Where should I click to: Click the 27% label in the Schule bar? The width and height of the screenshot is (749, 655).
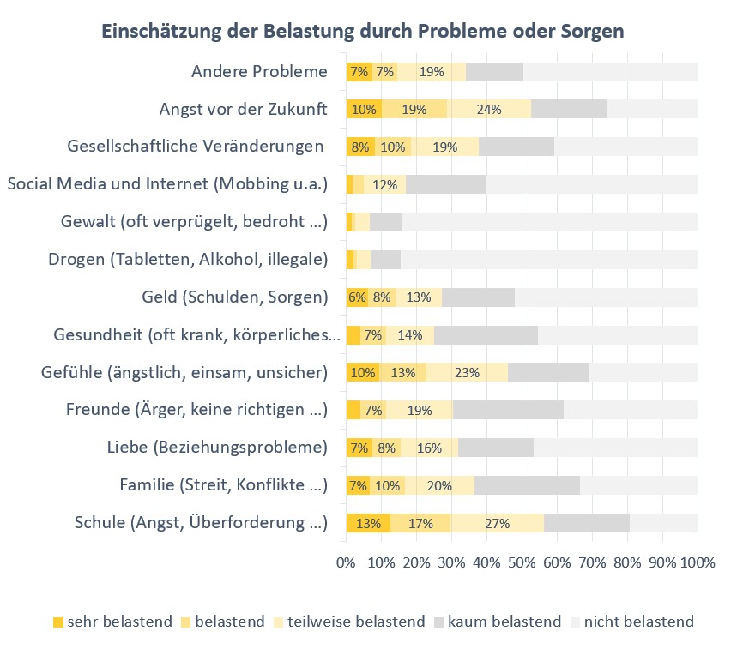(x=498, y=523)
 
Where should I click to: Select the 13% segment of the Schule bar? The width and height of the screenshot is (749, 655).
(x=367, y=523)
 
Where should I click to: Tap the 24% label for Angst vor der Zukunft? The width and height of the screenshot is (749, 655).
(x=489, y=109)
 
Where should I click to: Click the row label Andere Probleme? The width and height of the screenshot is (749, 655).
(x=259, y=71)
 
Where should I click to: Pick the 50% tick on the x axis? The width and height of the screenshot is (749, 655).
(x=522, y=563)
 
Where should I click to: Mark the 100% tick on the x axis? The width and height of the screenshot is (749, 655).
(x=697, y=563)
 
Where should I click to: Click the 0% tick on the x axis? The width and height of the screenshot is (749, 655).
(x=346, y=563)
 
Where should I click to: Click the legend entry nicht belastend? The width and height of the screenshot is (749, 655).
(x=638, y=622)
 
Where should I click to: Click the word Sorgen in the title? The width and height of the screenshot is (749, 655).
(x=592, y=32)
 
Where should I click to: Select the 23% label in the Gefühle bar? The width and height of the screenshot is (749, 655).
(x=467, y=372)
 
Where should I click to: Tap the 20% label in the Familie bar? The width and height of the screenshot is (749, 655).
(x=439, y=485)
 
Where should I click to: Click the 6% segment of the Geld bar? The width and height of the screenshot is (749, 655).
(x=357, y=297)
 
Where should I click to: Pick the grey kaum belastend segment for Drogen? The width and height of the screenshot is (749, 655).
(x=385, y=260)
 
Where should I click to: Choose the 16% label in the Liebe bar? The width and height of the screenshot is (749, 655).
(x=429, y=448)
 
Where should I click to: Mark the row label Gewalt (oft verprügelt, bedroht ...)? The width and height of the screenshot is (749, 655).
(x=195, y=222)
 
